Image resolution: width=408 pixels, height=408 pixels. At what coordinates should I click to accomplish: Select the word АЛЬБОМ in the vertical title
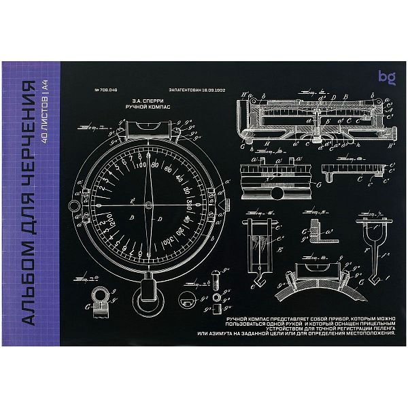[x=28, y=286]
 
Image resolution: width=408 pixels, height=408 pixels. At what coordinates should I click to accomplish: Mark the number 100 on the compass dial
[x=142, y=165]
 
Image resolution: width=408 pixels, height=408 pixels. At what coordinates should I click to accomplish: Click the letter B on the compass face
[x=159, y=220]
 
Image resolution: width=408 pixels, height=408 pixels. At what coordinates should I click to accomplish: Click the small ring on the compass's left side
[x=72, y=205]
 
